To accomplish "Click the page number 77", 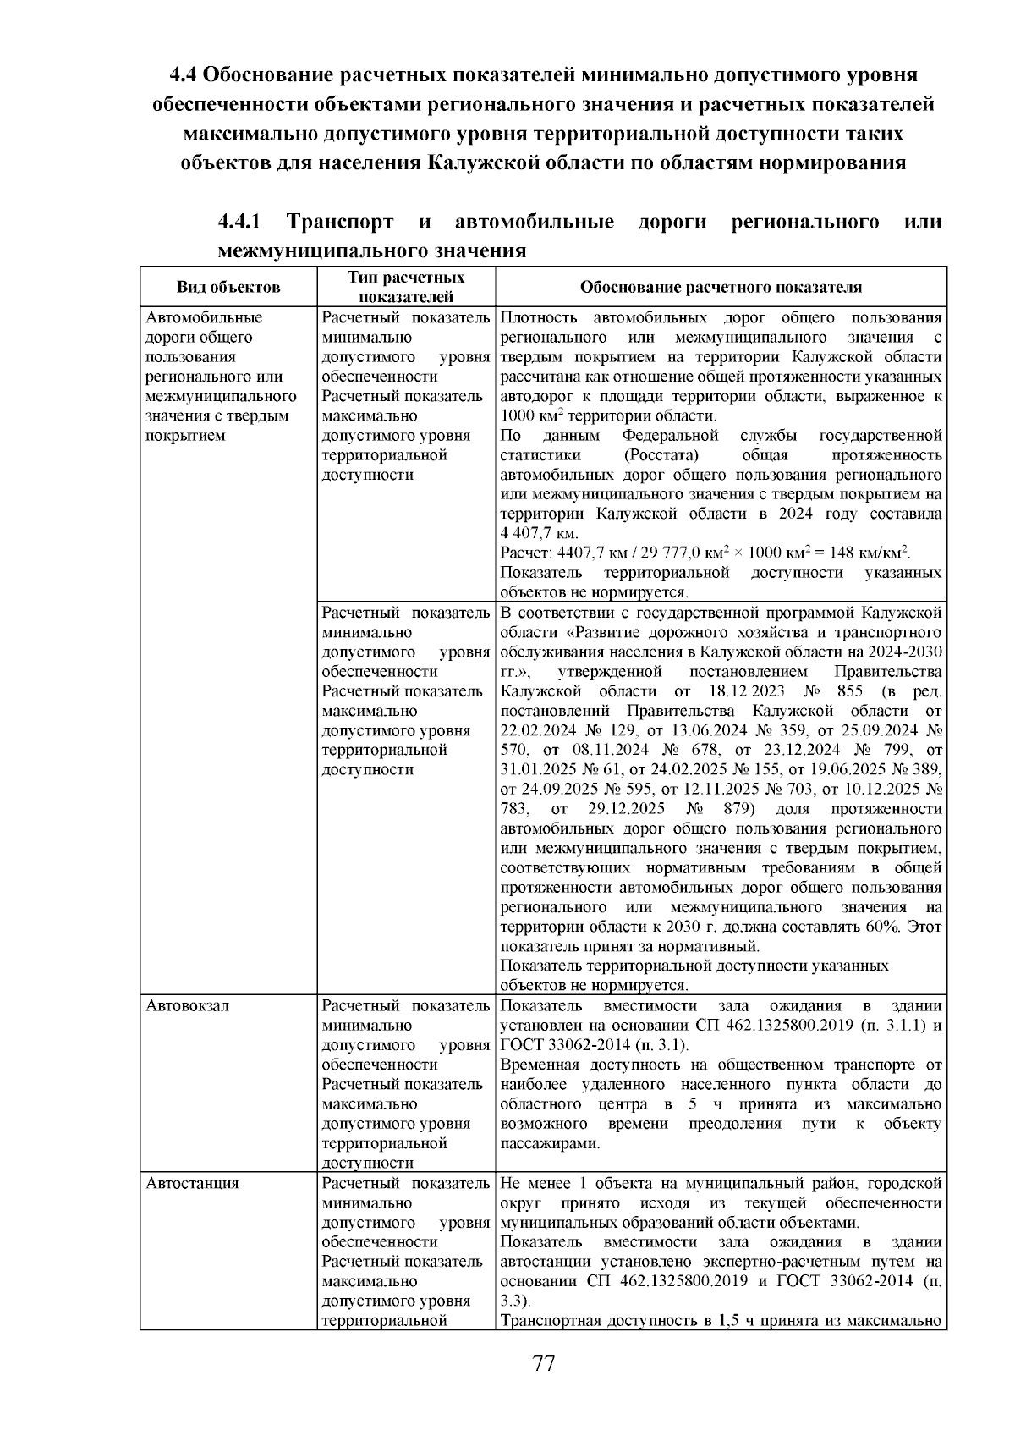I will point(544,1363).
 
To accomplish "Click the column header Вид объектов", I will point(228,287).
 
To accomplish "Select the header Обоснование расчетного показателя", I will point(721,287).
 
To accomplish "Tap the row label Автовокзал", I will point(187,1006).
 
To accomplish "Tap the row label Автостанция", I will point(192,1183).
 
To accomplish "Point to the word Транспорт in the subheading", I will point(340,223).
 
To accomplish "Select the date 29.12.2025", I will point(626,809).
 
